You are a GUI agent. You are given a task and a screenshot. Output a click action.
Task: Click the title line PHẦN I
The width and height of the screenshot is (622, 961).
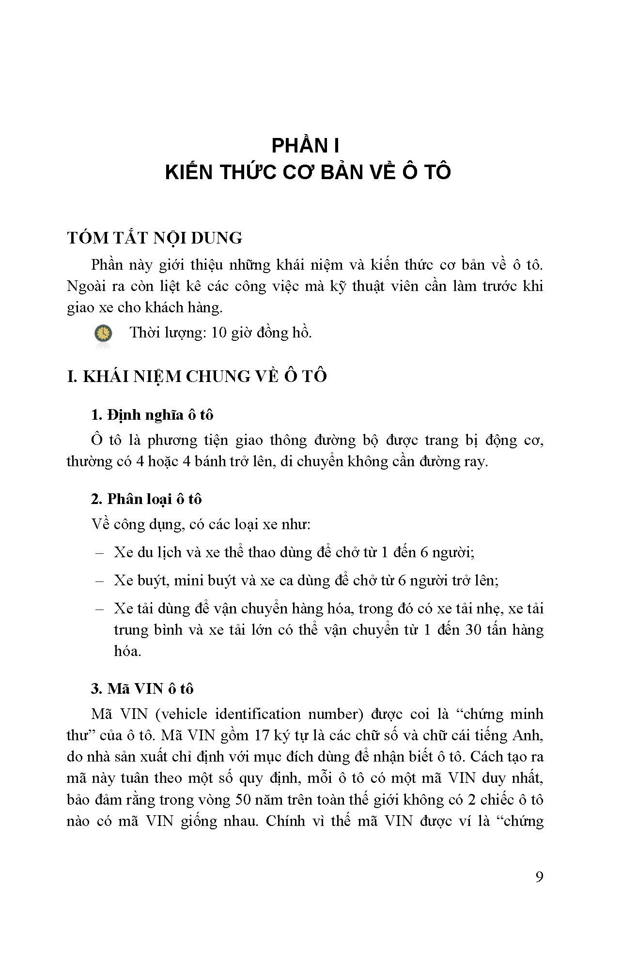[305, 146]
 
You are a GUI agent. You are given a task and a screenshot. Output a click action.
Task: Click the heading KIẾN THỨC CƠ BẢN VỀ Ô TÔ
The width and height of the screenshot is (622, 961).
[308, 172]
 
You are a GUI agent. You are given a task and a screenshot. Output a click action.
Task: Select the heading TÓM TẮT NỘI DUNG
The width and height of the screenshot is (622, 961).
[155, 238]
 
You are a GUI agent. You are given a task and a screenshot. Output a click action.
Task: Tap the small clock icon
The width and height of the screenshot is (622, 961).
[103, 334]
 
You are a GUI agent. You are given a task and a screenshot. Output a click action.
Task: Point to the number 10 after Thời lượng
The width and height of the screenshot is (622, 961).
[220, 333]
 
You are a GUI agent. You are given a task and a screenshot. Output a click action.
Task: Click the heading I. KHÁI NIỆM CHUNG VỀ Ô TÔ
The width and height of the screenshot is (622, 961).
[197, 376]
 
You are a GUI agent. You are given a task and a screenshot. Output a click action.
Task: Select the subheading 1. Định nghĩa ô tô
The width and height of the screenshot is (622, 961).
[152, 415]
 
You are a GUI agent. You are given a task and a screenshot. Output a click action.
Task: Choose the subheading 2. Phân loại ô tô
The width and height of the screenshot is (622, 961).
[146, 499]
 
